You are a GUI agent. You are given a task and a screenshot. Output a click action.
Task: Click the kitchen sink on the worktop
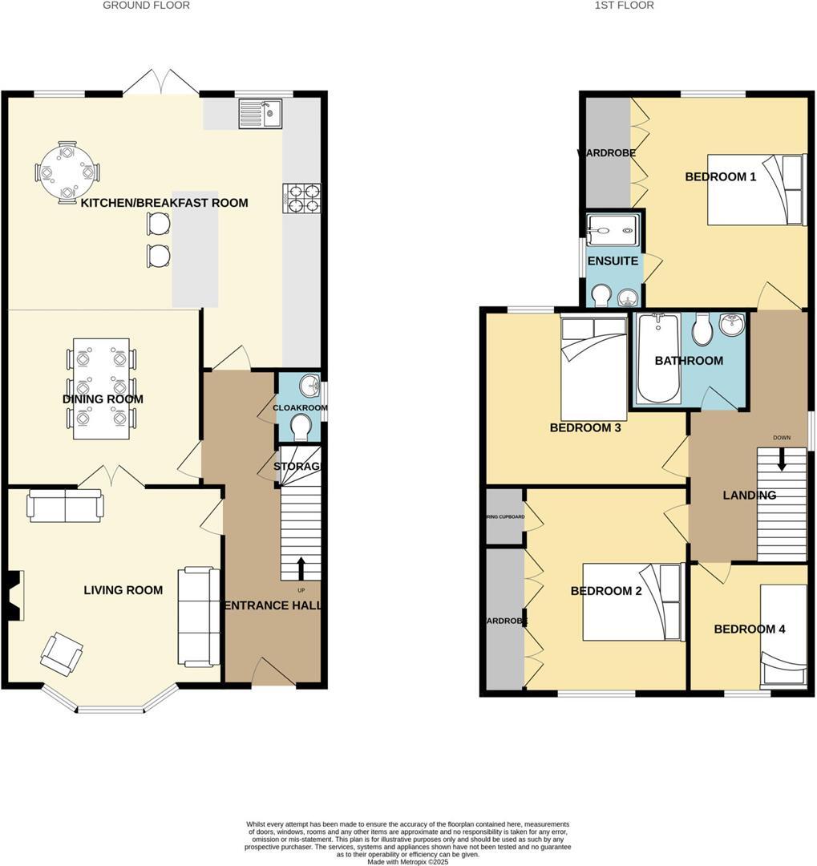(260, 114)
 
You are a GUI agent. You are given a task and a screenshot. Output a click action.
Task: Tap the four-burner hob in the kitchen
(301, 198)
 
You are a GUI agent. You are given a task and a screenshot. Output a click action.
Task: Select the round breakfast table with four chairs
(67, 172)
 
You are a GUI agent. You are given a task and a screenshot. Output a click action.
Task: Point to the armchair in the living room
(63, 653)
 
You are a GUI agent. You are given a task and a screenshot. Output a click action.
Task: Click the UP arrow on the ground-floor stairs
(301, 568)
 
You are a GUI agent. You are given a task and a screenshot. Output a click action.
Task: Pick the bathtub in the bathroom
(659, 358)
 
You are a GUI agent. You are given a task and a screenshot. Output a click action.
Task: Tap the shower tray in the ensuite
(613, 229)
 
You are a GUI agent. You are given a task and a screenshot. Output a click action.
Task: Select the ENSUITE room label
(613, 261)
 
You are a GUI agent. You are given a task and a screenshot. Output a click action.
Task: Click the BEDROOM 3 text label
(585, 428)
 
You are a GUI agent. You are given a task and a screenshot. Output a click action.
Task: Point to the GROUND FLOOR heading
(146, 6)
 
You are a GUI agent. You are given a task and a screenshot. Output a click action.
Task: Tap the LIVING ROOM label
(123, 590)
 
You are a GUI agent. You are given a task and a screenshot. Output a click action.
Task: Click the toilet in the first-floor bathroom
(702, 330)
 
